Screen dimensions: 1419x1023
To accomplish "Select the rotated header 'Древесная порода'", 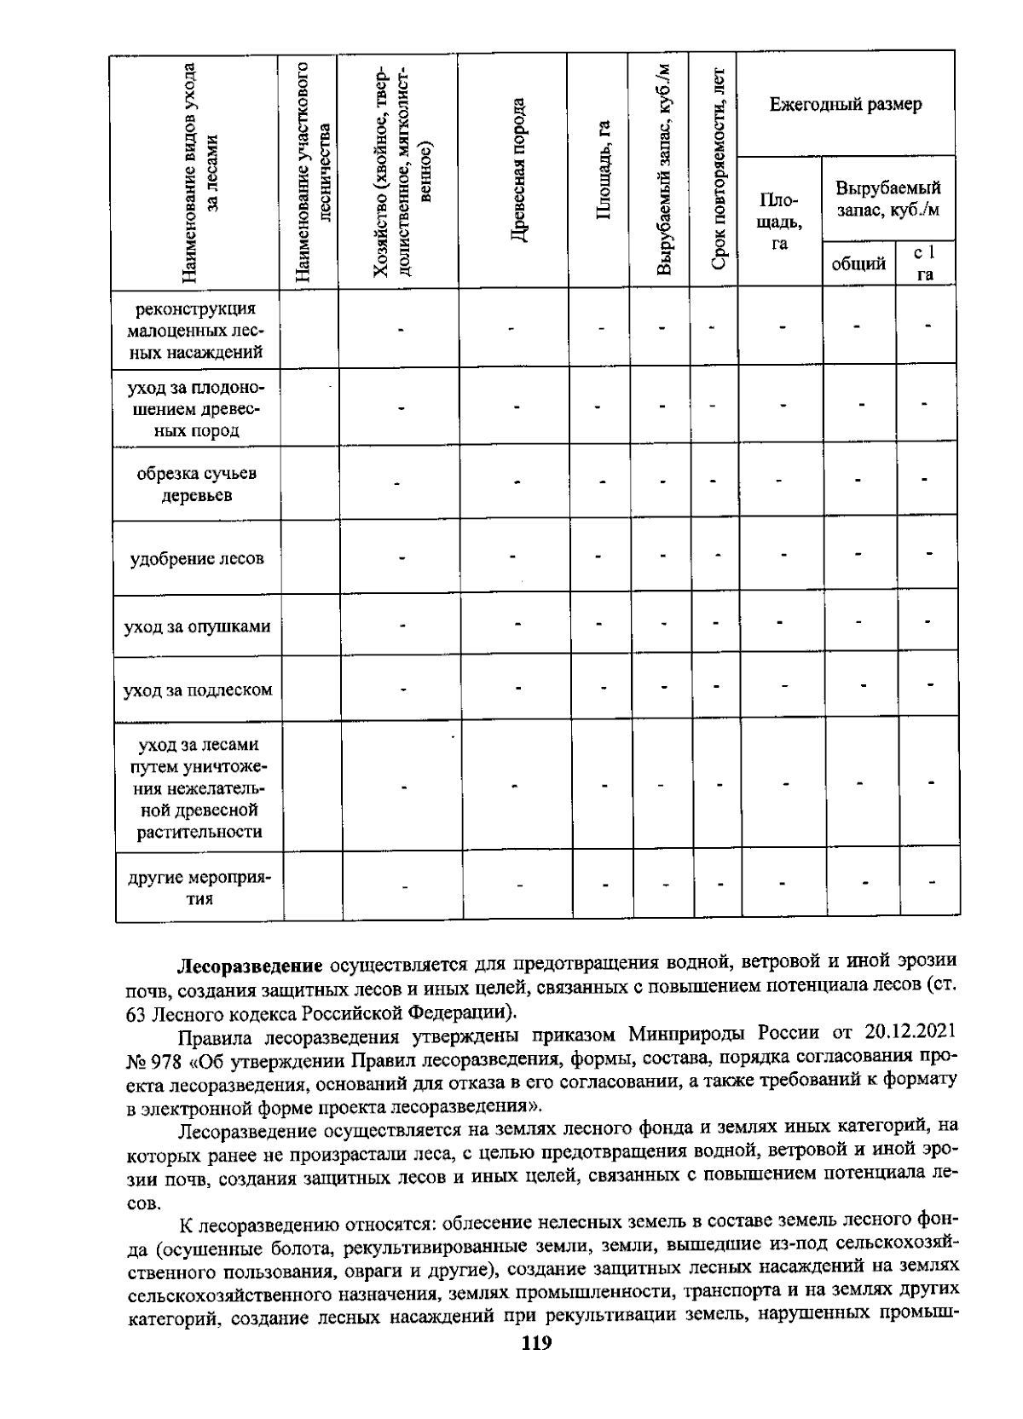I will click(x=516, y=170).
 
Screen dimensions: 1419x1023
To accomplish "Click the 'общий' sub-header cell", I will click(x=858, y=263).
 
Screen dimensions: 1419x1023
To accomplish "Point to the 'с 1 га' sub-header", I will click(x=924, y=263).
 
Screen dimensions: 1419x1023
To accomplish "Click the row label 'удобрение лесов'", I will click(x=197, y=559).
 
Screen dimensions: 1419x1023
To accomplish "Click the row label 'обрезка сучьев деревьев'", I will click(x=197, y=484).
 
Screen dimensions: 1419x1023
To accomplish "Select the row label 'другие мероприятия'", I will click(x=197, y=887).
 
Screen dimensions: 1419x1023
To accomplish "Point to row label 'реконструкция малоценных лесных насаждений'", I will click(x=197, y=330).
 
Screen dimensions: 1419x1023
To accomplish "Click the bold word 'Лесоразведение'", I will click(x=249, y=966).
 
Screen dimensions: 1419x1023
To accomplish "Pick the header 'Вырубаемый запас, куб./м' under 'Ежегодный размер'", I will click(x=887, y=198).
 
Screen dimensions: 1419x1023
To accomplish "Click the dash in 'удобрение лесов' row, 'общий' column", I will click(x=858, y=556).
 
